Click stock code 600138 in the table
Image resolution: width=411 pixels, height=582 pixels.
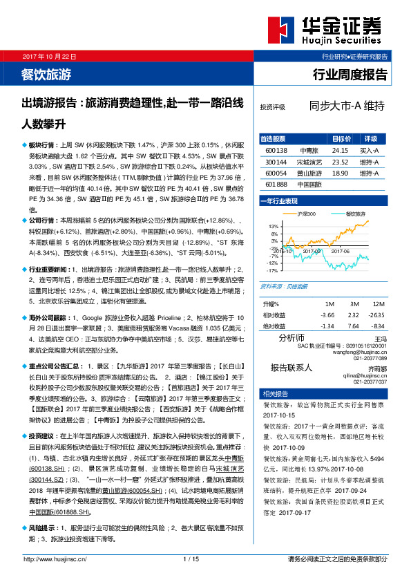click(x=276, y=149)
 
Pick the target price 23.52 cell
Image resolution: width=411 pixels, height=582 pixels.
click(x=340, y=160)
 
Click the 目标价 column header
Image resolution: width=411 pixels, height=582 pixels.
click(x=340, y=138)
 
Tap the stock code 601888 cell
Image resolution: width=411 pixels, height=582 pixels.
click(x=276, y=183)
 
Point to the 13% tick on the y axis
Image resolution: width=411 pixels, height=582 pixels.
click(x=274, y=226)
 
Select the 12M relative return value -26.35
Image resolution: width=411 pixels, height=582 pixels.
click(x=377, y=315)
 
